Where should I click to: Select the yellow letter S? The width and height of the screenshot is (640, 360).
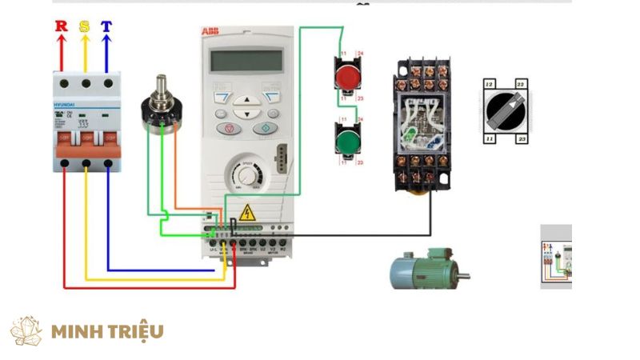pyautogui.click(x=84, y=26)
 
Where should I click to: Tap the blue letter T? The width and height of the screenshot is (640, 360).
pyautogui.click(x=106, y=26)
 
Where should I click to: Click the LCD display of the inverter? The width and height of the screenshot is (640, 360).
pyautogui.click(x=245, y=60)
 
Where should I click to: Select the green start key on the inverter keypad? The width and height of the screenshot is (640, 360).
pyautogui.click(x=263, y=128)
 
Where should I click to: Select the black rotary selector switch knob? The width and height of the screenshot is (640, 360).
pyautogui.click(x=506, y=111)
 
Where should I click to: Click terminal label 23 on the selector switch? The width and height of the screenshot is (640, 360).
pyautogui.click(x=522, y=139)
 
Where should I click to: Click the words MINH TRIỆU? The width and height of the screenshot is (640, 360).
pyautogui.click(x=107, y=330)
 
